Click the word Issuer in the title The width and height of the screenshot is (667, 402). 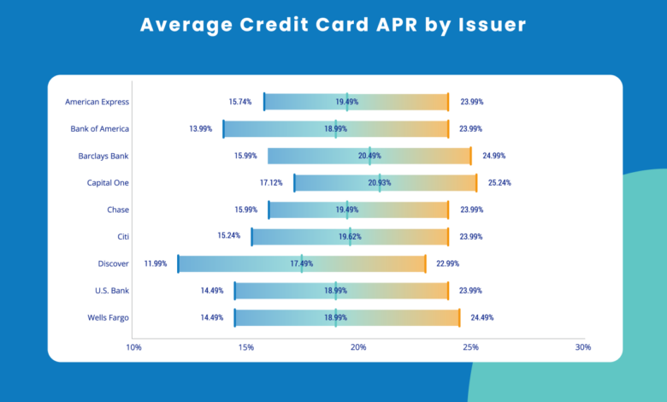point(493,25)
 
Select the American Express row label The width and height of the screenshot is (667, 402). point(97,102)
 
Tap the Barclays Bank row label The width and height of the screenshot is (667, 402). point(103,157)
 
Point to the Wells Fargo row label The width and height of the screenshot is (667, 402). point(108,318)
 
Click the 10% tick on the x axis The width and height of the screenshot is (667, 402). point(133,347)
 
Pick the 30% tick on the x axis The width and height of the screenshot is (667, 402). point(583,347)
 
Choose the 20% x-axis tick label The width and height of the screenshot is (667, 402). point(358,347)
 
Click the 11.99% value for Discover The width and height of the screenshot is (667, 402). point(156,263)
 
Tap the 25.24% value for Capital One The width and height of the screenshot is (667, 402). point(500,183)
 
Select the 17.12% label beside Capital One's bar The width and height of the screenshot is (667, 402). point(271,183)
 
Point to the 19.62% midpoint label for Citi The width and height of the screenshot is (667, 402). point(350,237)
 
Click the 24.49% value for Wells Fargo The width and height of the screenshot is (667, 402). point(482,318)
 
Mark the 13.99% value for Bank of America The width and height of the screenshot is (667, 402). point(201,129)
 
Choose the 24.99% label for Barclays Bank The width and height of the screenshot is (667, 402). point(494,157)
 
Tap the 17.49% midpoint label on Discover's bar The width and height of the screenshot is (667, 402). point(302,263)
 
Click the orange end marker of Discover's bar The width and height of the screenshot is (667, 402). point(425,263)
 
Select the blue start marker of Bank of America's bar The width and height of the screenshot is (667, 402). point(224,129)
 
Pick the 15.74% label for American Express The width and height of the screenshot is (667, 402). point(240,102)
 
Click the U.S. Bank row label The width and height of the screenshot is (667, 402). point(112,291)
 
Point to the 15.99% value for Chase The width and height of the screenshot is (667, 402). point(246,210)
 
